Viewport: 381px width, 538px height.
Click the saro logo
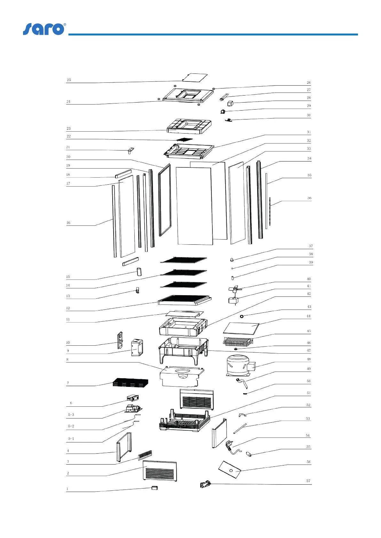[44, 29]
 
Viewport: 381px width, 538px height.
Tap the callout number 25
[69, 80]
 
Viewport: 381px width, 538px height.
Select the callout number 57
[308, 481]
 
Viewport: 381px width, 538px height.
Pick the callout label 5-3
[71, 415]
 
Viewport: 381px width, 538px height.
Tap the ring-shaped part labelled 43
[242, 316]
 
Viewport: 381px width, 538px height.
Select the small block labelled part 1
[155, 488]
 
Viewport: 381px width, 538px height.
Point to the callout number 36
[309, 198]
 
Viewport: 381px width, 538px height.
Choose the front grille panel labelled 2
[160, 471]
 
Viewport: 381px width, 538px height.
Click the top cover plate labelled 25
[195, 78]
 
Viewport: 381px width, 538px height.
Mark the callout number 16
[68, 223]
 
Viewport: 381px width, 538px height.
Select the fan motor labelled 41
[233, 301]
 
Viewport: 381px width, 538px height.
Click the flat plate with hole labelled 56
[230, 470]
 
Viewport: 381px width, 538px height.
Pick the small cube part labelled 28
[230, 103]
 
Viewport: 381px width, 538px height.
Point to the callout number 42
[308, 294]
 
